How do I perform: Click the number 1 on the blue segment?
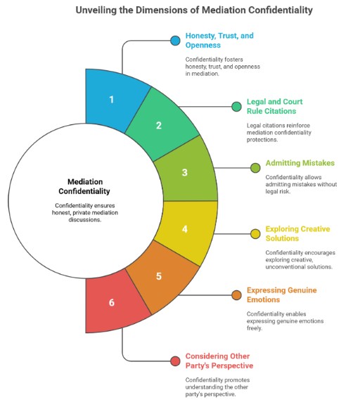coord(111,99)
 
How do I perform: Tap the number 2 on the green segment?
coord(159,125)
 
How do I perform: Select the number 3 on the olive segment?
coord(185,172)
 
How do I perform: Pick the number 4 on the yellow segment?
coord(185,229)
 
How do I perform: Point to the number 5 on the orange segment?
coord(159,276)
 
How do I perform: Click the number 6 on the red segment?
coord(112,302)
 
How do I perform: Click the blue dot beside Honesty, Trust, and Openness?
coord(175,41)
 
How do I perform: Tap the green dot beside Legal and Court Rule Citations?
coord(236,107)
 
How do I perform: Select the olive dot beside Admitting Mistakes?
coord(255,167)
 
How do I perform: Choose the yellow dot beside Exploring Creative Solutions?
coord(255,234)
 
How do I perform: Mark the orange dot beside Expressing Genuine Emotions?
coord(236,295)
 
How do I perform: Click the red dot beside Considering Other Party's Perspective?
coord(175,361)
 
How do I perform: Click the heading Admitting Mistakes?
coord(300,163)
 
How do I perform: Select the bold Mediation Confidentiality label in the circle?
coord(84,186)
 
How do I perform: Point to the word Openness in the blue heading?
coord(203,45)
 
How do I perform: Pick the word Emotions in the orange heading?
coord(263,300)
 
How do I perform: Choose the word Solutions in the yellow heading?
coord(282,238)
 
